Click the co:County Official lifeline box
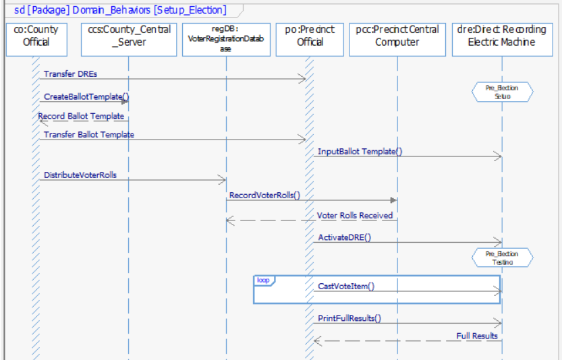pos(36,36)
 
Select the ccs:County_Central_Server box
pos(129,36)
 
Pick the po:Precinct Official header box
pos(310,36)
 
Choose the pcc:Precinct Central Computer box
pos(397,36)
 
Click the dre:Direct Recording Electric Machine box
pos(502,36)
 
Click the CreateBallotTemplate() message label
pos(86,96)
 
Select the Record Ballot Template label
pos(81,116)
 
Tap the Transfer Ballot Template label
pos(89,134)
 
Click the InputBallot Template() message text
pos(360,152)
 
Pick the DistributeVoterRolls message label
pos(80,175)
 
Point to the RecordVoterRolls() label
pos(264,196)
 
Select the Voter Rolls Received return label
pos(355,215)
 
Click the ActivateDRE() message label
pos(344,237)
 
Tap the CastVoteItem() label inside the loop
pos(346,286)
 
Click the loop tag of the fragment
pos(263,279)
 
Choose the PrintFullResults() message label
pos(349,318)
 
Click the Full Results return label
pos(477,335)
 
